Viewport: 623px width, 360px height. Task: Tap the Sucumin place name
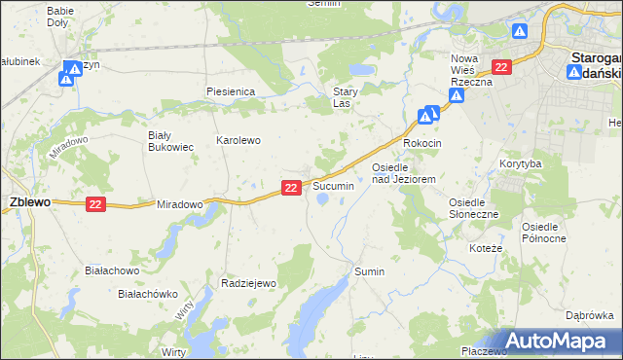(x=333, y=185)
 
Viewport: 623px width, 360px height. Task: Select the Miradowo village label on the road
(x=179, y=204)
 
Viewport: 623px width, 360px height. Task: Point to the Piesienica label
(x=230, y=90)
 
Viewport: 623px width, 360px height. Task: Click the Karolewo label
(x=238, y=140)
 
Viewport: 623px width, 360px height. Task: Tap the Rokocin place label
(x=422, y=143)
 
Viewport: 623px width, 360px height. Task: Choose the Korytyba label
(x=520, y=163)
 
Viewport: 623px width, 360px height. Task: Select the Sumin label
(x=370, y=271)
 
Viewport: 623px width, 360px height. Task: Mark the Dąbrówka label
(x=589, y=315)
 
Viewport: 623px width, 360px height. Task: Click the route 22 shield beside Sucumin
(x=291, y=187)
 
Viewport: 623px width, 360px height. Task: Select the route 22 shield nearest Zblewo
(x=94, y=202)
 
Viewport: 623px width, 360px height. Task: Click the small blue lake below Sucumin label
(x=321, y=200)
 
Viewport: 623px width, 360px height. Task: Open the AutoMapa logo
(x=554, y=342)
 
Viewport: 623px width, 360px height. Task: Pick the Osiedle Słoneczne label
(x=473, y=207)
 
